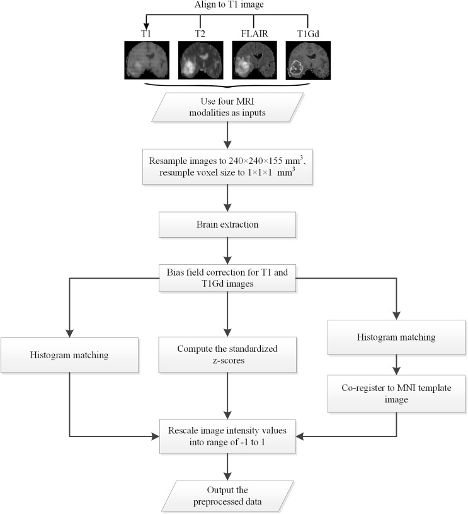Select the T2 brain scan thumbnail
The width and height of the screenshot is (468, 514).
197,61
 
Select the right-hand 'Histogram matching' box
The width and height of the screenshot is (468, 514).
396,337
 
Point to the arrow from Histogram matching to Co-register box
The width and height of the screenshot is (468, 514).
396,363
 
